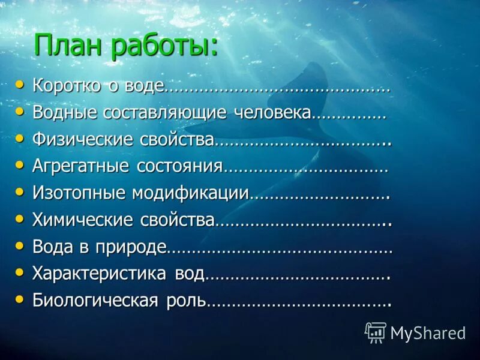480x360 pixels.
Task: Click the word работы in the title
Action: click(x=165, y=47)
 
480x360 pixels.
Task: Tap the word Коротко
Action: click(x=67, y=86)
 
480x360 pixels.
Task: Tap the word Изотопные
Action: click(x=79, y=193)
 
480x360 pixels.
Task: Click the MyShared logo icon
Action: click(x=376, y=332)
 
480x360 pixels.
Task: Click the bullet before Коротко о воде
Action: click(x=20, y=85)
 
